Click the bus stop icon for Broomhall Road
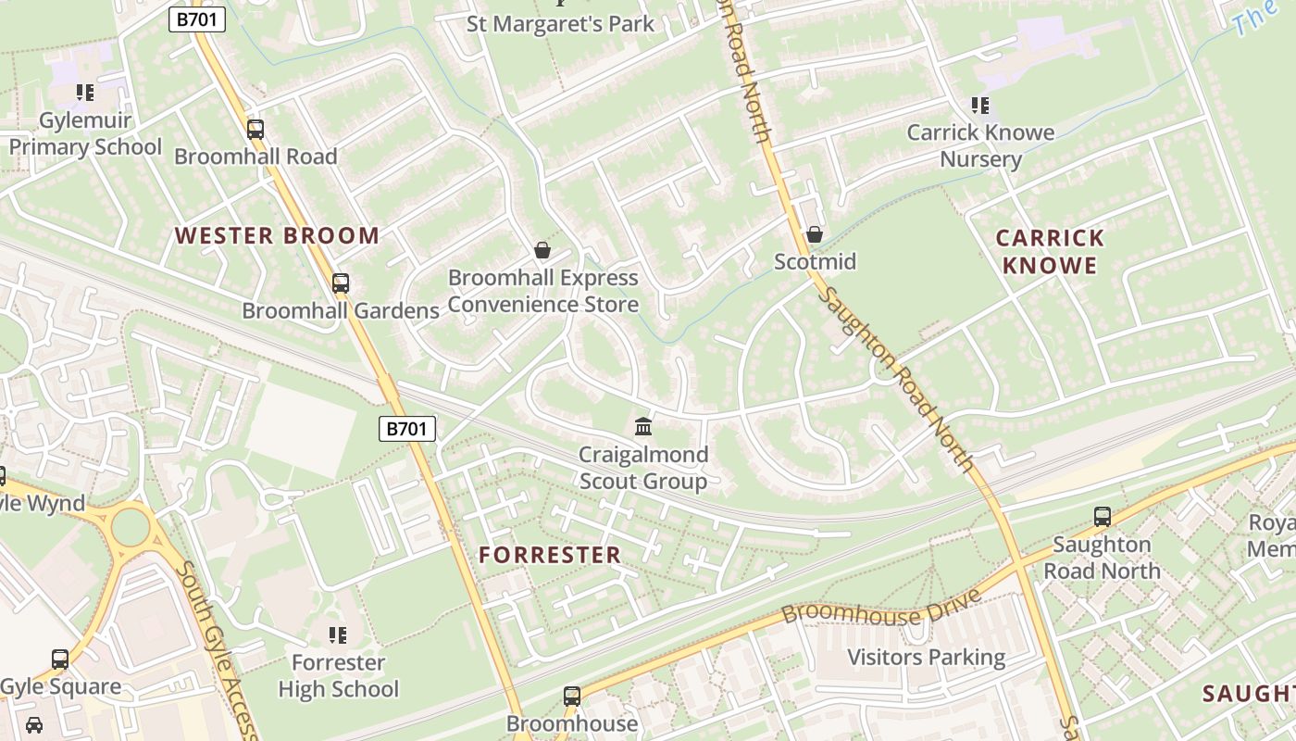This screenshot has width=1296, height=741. [255, 130]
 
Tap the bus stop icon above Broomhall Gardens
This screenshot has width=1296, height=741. [341, 283]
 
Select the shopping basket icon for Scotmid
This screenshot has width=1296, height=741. [815, 235]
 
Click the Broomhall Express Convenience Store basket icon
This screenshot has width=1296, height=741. [542, 250]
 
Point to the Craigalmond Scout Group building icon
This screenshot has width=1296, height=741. [643, 427]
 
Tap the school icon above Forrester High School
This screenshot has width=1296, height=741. [338, 635]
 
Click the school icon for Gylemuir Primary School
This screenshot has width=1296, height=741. [85, 93]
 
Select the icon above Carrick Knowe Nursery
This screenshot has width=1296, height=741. [980, 106]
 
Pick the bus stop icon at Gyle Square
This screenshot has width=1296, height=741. [60, 659]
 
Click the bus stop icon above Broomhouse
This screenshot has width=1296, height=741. [572, 696]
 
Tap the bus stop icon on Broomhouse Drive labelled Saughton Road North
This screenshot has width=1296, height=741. [1102, 517]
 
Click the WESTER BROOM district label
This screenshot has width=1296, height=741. [278, 236]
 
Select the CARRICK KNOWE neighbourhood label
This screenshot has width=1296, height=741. [1050, 252]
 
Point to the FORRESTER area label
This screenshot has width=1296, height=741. [550, 556]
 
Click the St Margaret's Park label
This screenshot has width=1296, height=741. [560, 24]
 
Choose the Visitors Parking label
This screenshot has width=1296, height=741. [927, 658]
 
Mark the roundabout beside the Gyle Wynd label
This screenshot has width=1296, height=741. [130, 527]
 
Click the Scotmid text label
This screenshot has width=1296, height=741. [815, 262]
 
